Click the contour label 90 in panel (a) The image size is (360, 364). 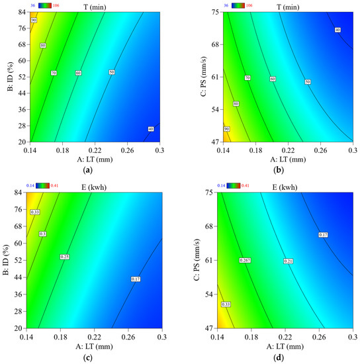click(34, 21)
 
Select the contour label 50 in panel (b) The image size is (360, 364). click(308, 81)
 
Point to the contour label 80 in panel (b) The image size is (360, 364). click(236, 103)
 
